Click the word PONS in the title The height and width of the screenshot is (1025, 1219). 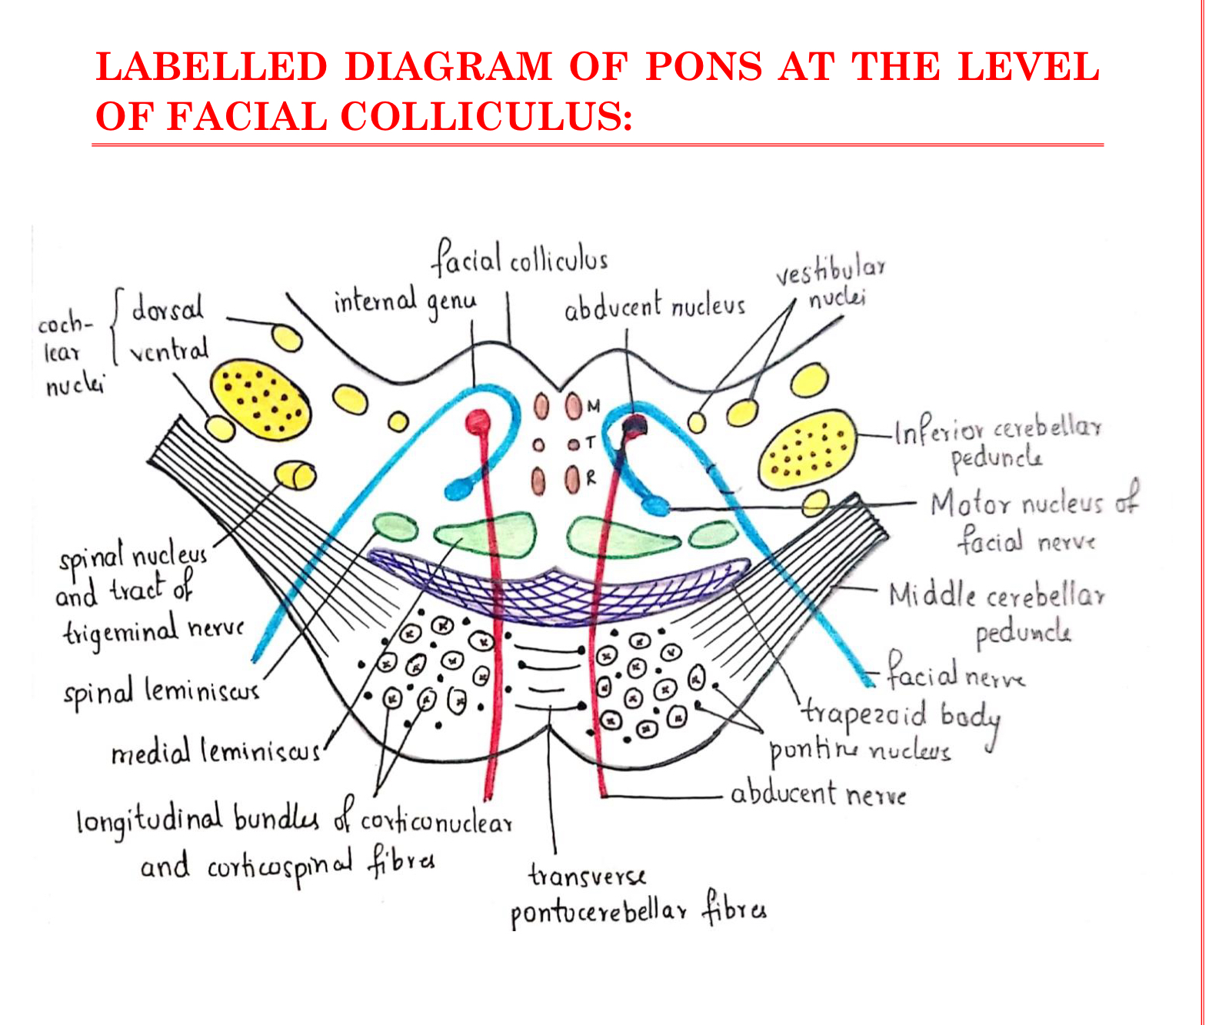pos(704,67)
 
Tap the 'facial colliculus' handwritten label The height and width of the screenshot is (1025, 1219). pos(520,259)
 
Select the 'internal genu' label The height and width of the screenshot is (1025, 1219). pos(405,301)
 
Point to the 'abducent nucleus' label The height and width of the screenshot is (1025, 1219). pos(654,307)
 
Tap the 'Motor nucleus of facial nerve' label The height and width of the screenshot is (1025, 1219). pos(1033,521)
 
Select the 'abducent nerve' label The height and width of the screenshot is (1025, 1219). pos(818,794)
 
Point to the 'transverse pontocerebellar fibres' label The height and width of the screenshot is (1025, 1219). pos(638,896)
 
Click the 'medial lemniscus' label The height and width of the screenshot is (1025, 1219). pos(215,750)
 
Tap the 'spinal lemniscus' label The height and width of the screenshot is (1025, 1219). pos(162,693)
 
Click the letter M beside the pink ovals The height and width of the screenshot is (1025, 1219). pos(593,405)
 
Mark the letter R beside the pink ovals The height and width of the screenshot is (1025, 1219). pos(591,478)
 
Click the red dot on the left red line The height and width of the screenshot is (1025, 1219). pos(478,421)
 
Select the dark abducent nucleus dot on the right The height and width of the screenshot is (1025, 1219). pos(634,424)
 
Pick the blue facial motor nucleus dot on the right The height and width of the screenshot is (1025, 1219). pos(655,505)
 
